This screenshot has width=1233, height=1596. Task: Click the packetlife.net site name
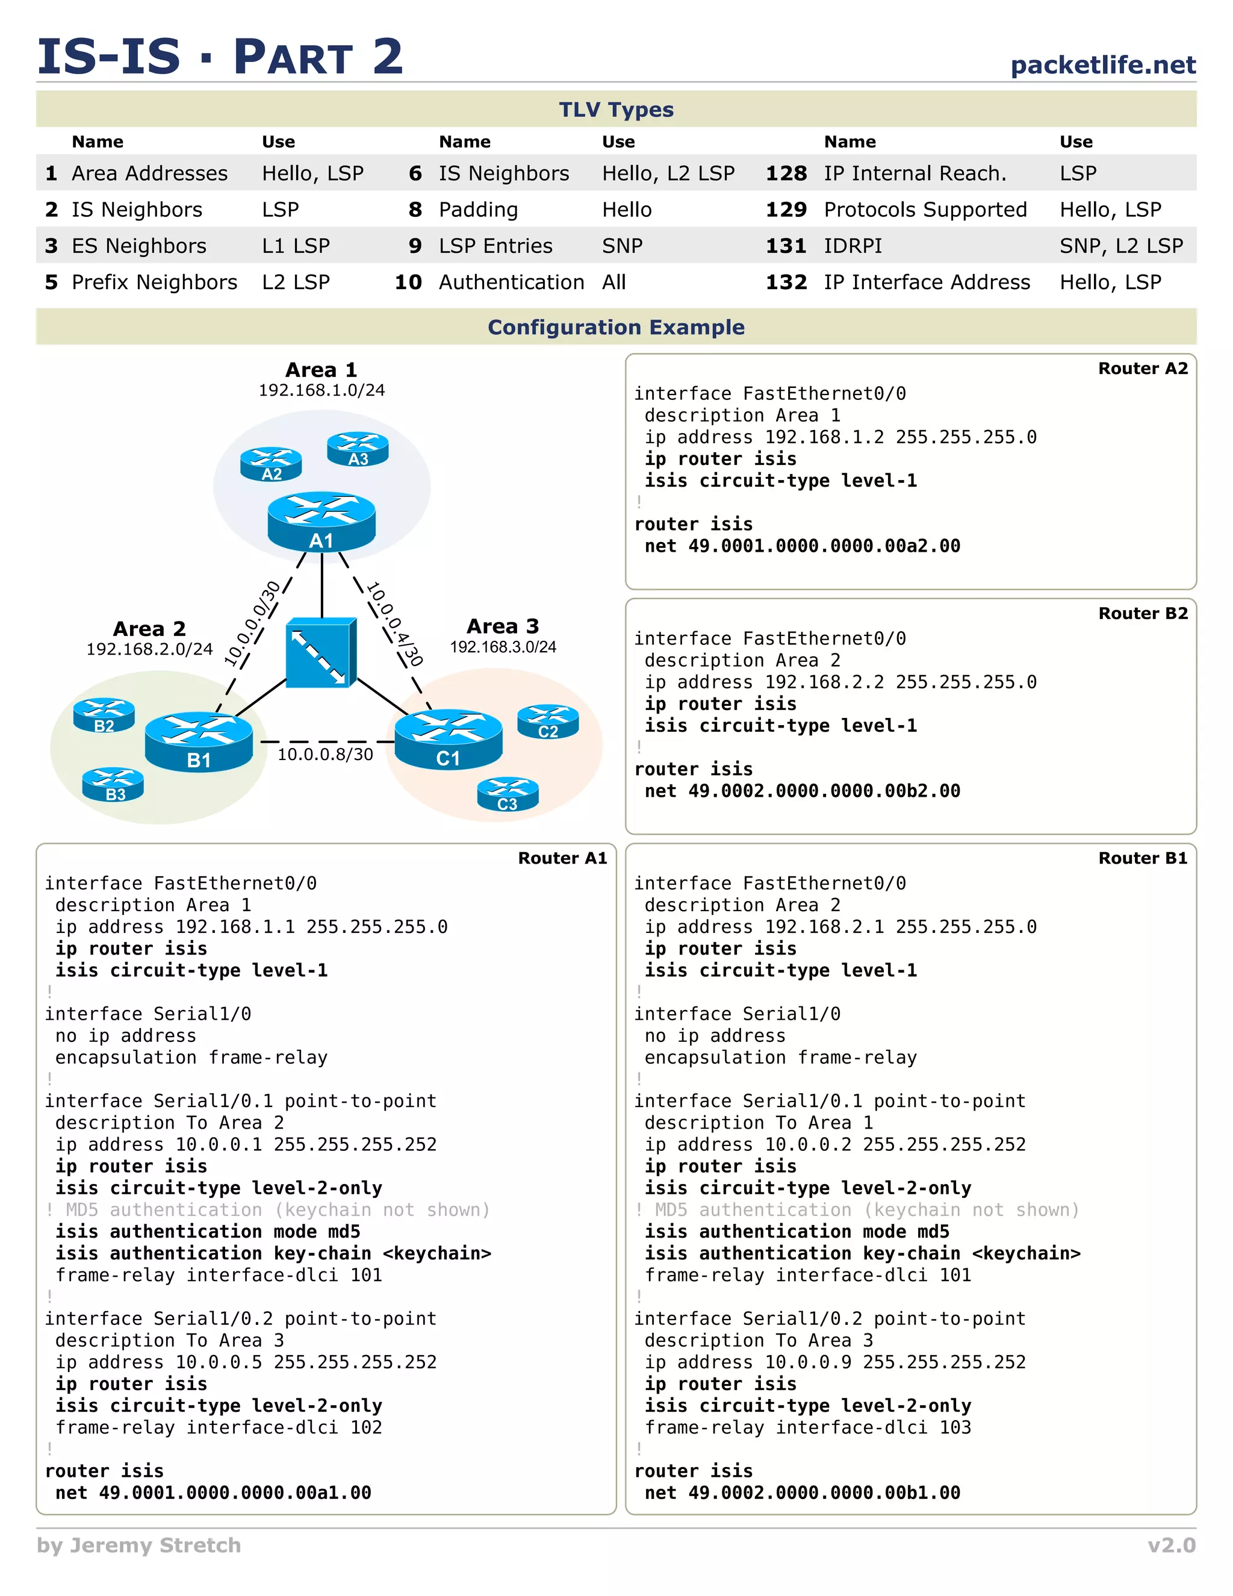(1102, 65)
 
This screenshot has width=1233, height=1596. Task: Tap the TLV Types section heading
(616, 110)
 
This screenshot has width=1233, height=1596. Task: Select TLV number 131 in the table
(786, 246)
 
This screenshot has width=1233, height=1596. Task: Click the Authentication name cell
(511, 282)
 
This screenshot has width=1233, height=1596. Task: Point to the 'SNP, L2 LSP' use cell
(1120, 246)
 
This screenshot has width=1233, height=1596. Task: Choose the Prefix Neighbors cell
(154, 282)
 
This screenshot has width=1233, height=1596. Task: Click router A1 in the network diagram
(321, 521)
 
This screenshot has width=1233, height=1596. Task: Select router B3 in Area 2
(113, 785)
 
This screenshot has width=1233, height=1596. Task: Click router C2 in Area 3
(548, 722)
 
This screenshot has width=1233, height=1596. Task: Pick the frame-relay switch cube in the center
(321, 653)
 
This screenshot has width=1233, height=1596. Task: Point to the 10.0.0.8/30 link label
(325, 754)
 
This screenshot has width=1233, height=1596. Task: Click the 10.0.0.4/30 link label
(394, 623)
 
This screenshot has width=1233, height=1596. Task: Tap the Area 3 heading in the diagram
(503, 626)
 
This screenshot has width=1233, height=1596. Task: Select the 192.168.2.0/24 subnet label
(149, 649)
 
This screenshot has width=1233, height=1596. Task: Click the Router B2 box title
(1143, 613)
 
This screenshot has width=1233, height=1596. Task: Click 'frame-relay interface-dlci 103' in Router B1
(807, 1427)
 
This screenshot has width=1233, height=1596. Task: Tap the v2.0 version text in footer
(1171, 1545)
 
